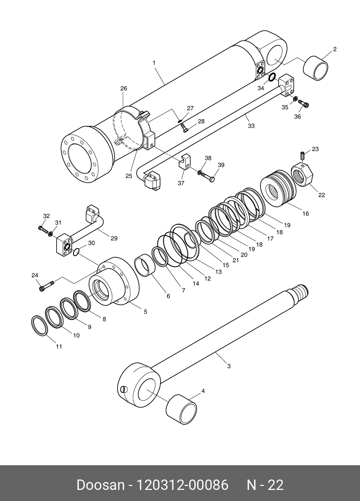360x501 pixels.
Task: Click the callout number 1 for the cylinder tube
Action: pyautogui.click(x=154, y=63)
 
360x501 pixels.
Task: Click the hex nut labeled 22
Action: pyautogui.click(x=302, y=173)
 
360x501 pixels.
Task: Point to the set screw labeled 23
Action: pyautogui.click(x=302, y=156)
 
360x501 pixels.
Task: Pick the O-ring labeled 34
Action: pyautogui.click(x=272, y=77)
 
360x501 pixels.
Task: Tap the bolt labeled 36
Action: pyautogui.click(x=304, y=104)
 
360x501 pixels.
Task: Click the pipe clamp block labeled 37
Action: pyautogui.click(x=184, y=162)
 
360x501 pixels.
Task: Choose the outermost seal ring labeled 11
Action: pyautogui.click(x=39, y=325)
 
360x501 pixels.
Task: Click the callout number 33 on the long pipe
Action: pyautogui.click(x=251, y=126)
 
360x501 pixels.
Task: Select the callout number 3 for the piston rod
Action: pyautogui.click(x=229, y=366)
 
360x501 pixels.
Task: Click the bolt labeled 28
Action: pyautogui.click(x=184, y=128)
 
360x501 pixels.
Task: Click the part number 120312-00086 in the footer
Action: pyautogui.click(x=183, y=485)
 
